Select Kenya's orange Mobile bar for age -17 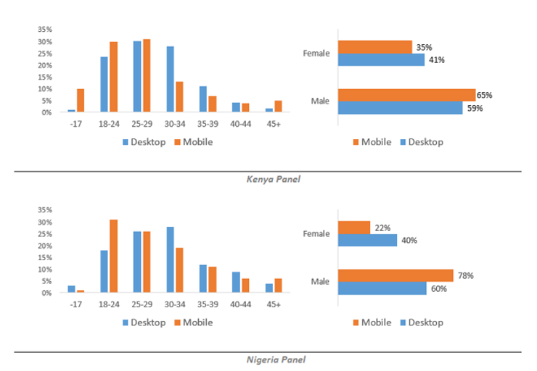[x=81, y=101]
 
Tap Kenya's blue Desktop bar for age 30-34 [x=170, y=79]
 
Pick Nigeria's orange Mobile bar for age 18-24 [x=113, y=256]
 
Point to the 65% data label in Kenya [x=484, y=95]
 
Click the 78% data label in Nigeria [x=462, y=275]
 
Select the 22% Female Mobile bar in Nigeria [x=353, y=228]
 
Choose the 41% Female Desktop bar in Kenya [x=381, y=59]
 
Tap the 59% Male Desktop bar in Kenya [x=400, y=107]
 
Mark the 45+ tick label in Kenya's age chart [x=274, y=124]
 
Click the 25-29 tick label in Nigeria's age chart [x=142, y=304]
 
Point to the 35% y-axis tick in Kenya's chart [x=44, y=30]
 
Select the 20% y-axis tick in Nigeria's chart [x=44, y=246]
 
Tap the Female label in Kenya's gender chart [x=316, y=53]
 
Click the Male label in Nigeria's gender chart [x=320, y=281]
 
